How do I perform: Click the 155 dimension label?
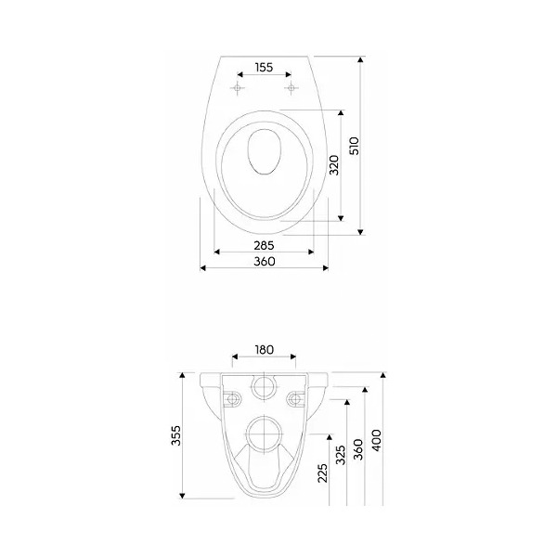264,67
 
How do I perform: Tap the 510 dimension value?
355,146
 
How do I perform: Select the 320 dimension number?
334,165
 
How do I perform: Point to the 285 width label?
264,245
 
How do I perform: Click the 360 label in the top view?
265,262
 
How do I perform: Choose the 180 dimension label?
265,350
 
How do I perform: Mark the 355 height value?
175,435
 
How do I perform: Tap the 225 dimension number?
322,473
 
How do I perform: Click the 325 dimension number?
341,455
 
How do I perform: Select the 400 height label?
376,440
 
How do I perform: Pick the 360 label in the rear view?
358,449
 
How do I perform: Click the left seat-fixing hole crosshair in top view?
237,87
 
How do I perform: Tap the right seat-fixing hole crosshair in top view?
291,87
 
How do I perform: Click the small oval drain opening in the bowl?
265,152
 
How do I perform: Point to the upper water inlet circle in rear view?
265,386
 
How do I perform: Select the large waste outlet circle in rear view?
265,434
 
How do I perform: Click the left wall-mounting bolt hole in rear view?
233,399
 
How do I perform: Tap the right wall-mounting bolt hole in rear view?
295,399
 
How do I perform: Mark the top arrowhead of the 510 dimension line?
360,59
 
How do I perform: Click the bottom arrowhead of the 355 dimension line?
182,496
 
